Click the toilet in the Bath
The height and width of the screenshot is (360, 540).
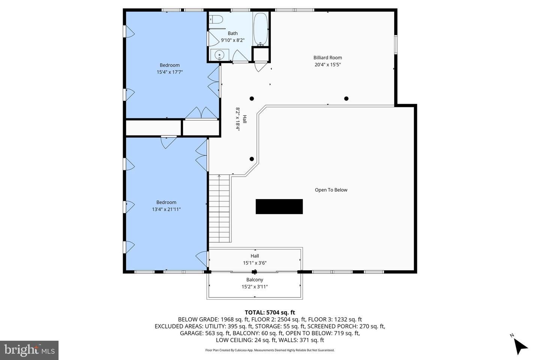(216, 19)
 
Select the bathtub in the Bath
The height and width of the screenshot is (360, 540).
(261, 29)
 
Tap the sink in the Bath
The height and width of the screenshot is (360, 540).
(219, 55)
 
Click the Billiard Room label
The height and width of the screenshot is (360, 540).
(328, 58)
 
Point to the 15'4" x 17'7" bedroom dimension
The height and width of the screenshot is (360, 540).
(170, 72)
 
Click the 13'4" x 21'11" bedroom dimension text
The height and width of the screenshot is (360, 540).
(166, 209)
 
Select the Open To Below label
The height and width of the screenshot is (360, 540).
(331, 190)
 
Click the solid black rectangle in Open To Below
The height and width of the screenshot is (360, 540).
(279, 206)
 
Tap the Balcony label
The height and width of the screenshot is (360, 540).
(255, 280)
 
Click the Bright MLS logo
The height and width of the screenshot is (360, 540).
(29, 350)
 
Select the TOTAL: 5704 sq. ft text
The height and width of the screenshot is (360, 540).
(270, 312)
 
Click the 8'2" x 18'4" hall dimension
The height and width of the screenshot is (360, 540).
(238, 119)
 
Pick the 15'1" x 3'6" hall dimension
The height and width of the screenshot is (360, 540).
(255, 263)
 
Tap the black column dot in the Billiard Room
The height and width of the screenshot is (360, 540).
(346, 98)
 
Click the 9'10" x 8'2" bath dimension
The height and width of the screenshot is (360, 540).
(232, 40)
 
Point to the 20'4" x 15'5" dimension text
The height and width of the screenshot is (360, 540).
(328, 64)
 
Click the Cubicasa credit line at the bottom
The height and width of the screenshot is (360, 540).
(270, 350)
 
